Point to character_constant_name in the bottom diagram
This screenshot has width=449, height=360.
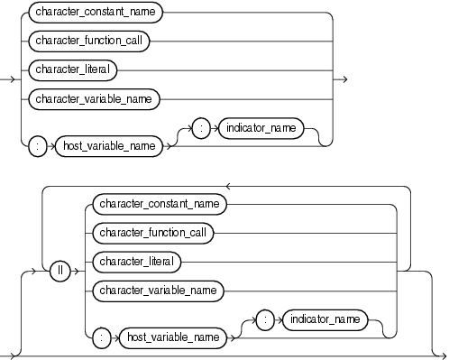point(159,204)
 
